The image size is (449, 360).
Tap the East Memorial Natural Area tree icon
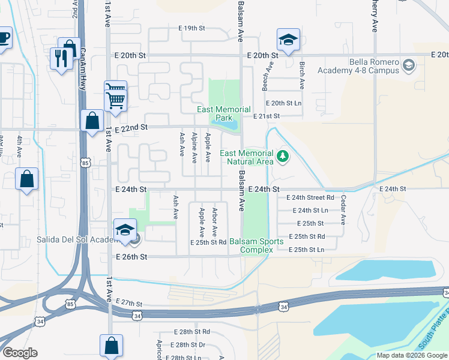(283, 157)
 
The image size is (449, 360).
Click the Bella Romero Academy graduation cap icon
(409, 64)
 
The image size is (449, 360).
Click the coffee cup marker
(4, 38)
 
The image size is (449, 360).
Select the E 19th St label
(191, 28)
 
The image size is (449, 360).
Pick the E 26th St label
(131, 256)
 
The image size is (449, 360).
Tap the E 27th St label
(129, 303)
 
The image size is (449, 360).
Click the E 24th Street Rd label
(310, 197)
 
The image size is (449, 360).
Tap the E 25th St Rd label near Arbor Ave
(208, 242)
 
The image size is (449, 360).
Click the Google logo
(20, 353)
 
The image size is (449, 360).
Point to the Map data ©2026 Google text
(411, 355)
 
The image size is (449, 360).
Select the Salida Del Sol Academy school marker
(125, 231)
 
